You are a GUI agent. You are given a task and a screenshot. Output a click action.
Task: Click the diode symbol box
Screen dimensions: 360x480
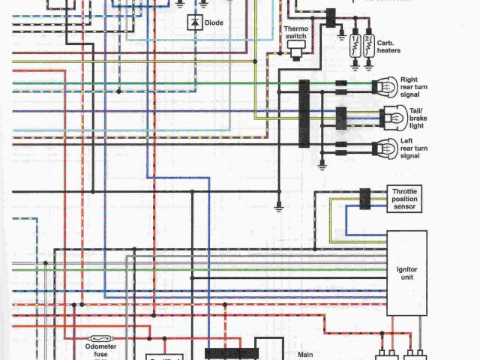coord(195,23)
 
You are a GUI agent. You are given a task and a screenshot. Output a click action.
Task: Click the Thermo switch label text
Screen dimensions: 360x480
coord(295,33)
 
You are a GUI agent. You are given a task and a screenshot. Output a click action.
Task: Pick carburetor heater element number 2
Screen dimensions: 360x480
coord(369,45)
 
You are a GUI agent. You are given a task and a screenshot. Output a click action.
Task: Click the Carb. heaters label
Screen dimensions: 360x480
coord(389,47)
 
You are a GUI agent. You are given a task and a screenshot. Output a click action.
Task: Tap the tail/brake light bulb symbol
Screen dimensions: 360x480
coord(392,116)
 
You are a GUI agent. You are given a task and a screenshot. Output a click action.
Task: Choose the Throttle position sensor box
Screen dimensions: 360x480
coord(403,199)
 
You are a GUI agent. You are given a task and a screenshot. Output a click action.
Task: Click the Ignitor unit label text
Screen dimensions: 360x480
coord(406,273)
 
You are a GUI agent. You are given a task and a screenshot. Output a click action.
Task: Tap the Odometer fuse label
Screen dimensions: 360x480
coord(100,351)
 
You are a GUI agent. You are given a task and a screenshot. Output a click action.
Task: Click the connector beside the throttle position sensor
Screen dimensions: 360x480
coord(364,199)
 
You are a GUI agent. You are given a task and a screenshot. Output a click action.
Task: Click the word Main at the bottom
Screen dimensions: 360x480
coord(305,354)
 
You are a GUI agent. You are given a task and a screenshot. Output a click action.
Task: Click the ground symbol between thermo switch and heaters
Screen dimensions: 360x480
coord(341,34)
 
